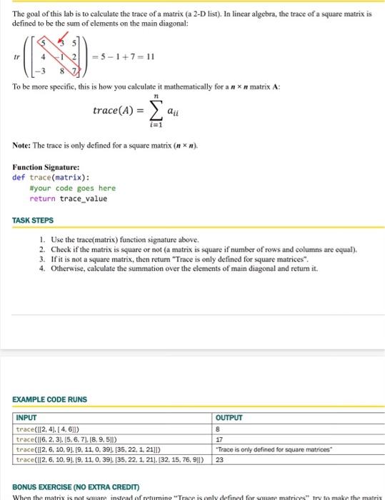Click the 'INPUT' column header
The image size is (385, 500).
point(26,419)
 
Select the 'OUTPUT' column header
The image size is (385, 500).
point(230,419)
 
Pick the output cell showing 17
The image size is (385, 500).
point(219,439)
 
